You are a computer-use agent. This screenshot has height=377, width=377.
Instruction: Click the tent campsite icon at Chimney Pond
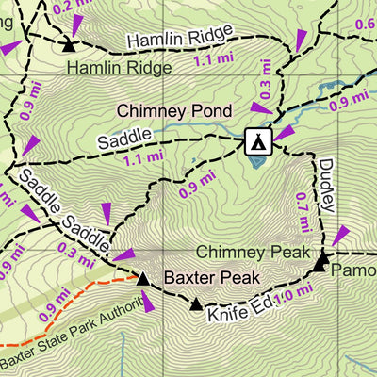pyautogui.click(x=256, y=141)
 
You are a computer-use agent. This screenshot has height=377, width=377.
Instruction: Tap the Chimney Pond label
pyautogui.click(x=173, y=111)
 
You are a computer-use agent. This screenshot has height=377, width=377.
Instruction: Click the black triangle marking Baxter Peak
pyautogui.click(x=142, y=279)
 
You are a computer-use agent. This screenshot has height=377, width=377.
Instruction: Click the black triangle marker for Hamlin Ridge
pyautogui.click(x=69, y=43)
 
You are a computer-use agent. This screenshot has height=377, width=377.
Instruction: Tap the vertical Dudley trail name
pyautogui.click(x=326, y=175)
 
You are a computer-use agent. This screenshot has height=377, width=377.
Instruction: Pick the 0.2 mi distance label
pyautogui.click(x=74, y=8)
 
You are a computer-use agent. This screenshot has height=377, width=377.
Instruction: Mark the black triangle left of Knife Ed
pyautogui.click(x=196, y=304)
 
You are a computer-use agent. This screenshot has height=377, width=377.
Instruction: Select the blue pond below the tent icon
pyautogui.click(x=257, y=160)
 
